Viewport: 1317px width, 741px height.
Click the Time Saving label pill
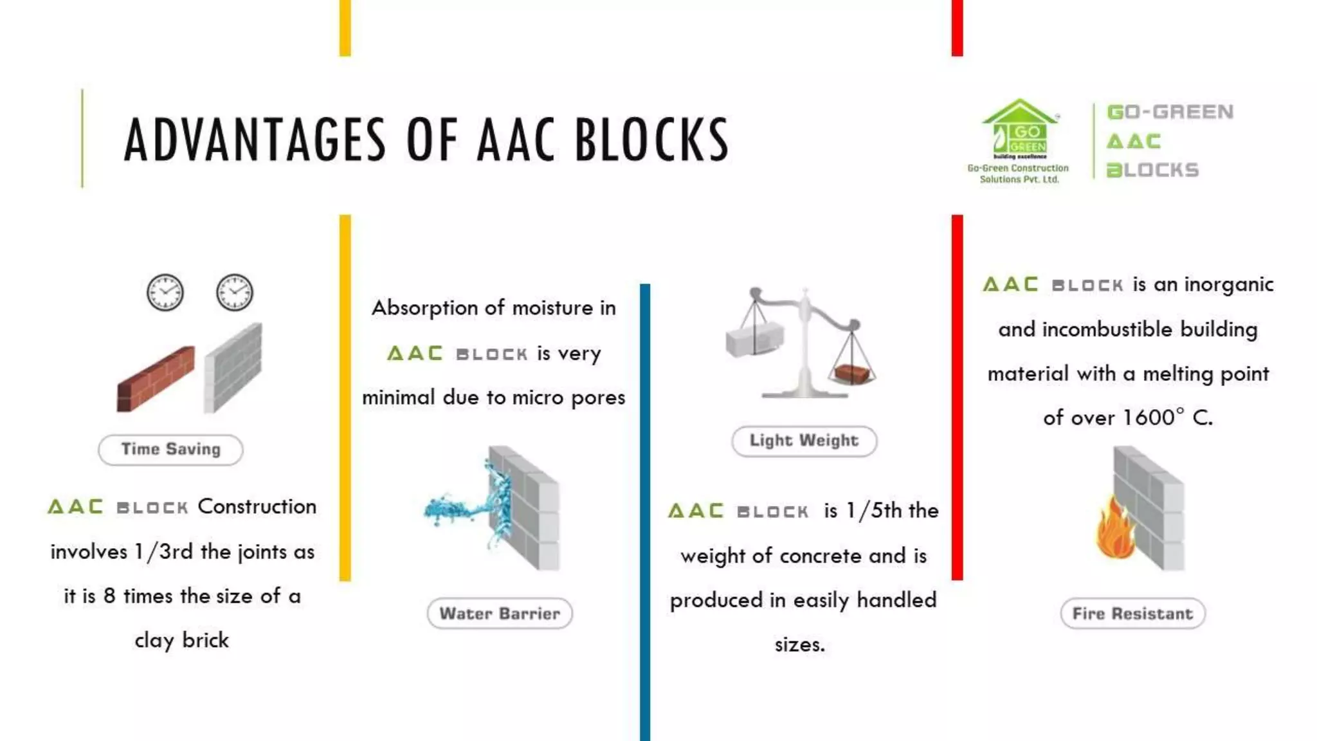click(x=170, y=450)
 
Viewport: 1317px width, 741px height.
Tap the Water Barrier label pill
click(x=500, y=614)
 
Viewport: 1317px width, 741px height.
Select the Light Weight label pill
click(x=804, y=441)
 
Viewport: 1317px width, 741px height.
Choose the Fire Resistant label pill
click(x=1132, y=614)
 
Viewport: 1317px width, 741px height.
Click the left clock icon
click(x=165, y=293)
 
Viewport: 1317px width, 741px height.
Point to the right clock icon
click(x=234, y=293)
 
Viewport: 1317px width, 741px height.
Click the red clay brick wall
click(x=156, y=380)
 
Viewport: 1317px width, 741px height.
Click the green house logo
click(x=1019, y=129)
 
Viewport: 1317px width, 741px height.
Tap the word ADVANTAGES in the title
click(x=255, y=140)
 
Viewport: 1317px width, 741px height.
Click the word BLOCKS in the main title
click(x=651, y=140)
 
